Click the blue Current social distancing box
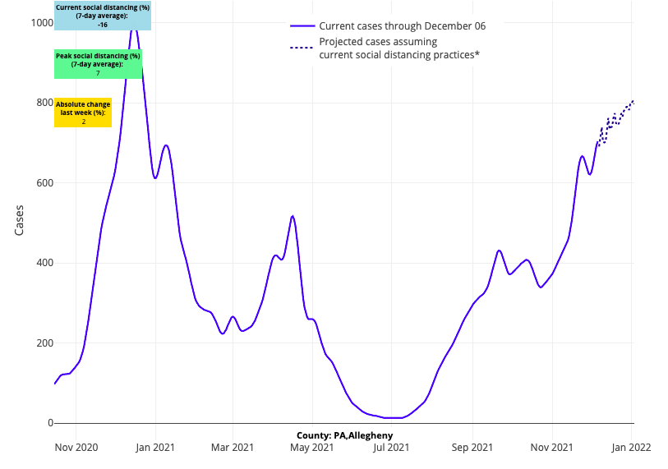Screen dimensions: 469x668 coord(103,16)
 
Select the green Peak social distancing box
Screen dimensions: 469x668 coord(98,64)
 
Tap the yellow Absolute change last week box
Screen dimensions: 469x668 coord(83,113)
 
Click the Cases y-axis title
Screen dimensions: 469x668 coord(20,221)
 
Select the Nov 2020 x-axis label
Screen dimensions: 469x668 coord(76,448)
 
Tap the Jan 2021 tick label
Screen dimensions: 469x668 coord(154,448)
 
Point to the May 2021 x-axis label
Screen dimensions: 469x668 coord(312,448)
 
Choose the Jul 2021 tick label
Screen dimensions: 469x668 coord(391,448)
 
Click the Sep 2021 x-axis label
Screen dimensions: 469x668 coord(472,448)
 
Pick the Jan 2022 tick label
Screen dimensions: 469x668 coord(632,448)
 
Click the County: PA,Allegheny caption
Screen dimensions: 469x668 coord(345,435)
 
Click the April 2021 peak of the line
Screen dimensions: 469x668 coord(293,216)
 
